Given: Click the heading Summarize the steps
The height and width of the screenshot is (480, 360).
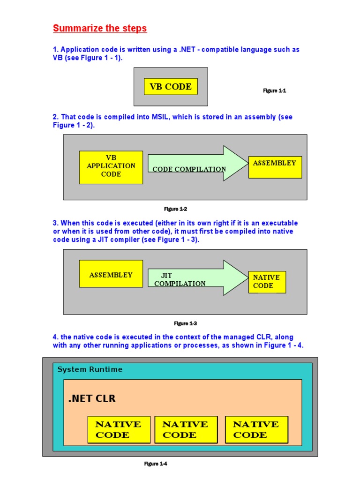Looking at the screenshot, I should (x=100, y=28).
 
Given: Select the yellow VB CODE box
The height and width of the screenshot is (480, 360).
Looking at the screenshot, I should (x=171, y=87).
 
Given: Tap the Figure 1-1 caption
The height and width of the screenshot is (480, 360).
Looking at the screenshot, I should (x=275, y=90).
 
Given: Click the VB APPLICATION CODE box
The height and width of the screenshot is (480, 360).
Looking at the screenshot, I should (x=111, y=167).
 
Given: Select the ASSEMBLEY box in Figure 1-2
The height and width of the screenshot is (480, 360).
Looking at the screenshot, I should (x=275, y=167).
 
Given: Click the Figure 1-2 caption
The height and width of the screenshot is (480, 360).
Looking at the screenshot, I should (x=176, y=209).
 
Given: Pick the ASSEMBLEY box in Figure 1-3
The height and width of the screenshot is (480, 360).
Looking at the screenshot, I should (x=111, y=274).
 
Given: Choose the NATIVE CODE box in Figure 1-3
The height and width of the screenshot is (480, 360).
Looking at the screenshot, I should (x=267, y=282).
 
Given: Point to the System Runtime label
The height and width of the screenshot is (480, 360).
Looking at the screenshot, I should (x=90, y=369).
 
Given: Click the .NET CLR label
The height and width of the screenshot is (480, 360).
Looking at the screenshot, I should (x=92, y=399).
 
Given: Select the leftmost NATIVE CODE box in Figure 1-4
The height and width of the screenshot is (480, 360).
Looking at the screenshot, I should (x=119, y=429).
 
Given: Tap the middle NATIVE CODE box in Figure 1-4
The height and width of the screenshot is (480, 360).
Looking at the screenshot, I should (x=186, y=429).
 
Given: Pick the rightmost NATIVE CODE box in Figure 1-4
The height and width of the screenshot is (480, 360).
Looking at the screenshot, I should (x=256, y=429).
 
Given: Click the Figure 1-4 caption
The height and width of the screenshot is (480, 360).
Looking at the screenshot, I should (x=156, y=464).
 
